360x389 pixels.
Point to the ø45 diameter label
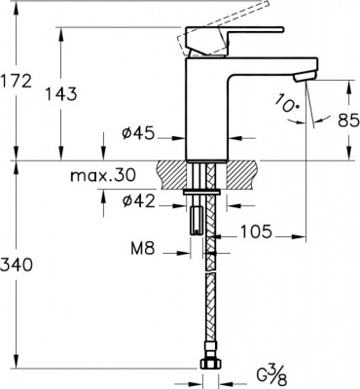pos(138,134)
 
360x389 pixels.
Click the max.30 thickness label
pos(102,176)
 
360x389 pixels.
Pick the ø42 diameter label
pos(138,202)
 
